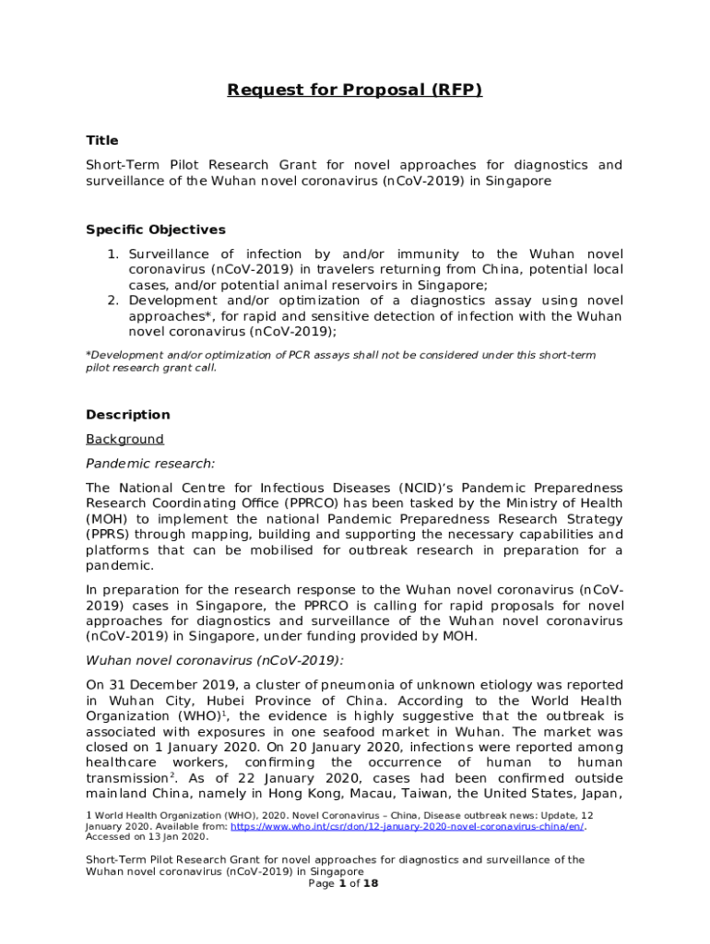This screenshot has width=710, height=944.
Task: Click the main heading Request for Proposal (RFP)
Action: click(x=355, y=90)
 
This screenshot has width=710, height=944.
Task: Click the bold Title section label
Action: click(x=101, y=141)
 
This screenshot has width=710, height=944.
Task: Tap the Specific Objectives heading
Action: click(x=155, y=230)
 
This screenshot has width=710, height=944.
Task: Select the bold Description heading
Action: click(x=127, y=415)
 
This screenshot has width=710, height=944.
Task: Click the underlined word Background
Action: click(x=124, y=440)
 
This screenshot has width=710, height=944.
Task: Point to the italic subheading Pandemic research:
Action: click(x=149, y=464)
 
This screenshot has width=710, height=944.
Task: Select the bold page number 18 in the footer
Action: click(x=371, y=883)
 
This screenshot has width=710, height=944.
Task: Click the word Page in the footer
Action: click(x=321, y=883)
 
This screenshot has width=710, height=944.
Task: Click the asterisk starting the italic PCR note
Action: click(x=88, y=355)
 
